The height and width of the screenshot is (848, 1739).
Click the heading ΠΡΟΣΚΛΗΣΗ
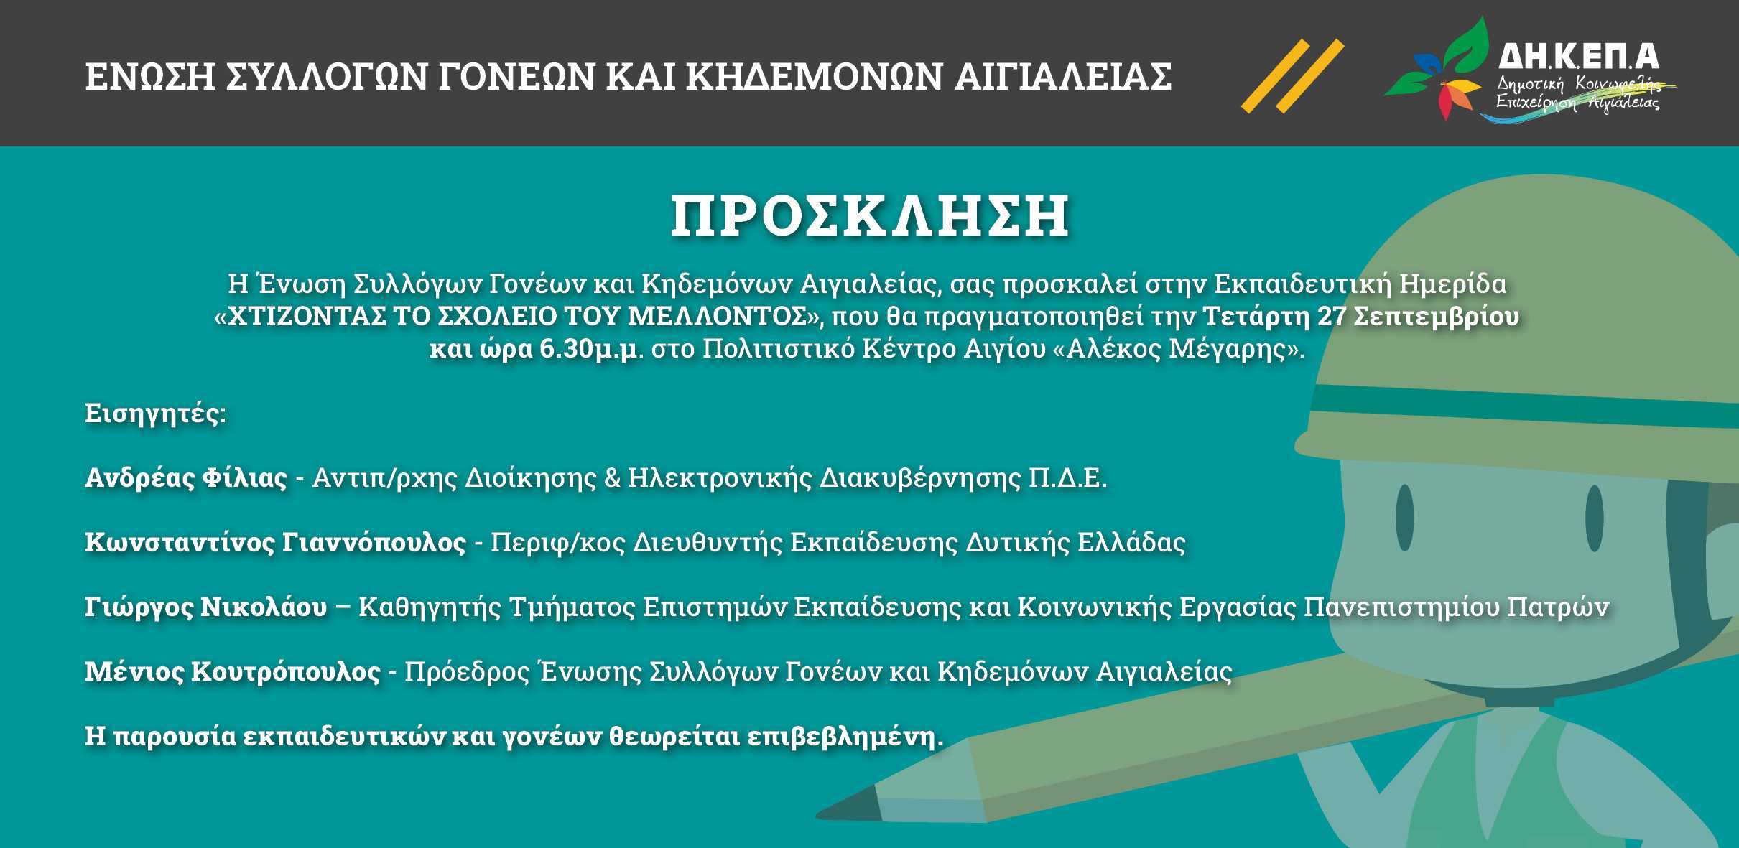[x=869, y=217]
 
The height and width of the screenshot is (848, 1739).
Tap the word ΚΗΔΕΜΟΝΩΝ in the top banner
[x=813, y=77]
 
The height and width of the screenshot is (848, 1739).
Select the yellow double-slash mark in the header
[x=1292, y=75]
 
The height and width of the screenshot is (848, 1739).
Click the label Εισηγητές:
[x=155, y=414]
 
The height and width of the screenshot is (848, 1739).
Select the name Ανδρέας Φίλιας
[x=186, y=477]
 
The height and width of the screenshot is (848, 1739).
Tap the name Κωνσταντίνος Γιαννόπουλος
[x=275, y=542]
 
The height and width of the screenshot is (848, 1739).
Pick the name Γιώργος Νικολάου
[x=205, y=607]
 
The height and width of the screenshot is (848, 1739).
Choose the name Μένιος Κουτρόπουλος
[x=233, y=671]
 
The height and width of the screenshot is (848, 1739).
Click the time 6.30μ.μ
[x=588, y=349]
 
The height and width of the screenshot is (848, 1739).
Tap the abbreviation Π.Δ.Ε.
[x=1067, y=477]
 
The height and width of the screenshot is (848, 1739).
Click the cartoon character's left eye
[x=1405, y=518]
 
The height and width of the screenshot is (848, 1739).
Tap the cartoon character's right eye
[x=1594, y=518]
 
